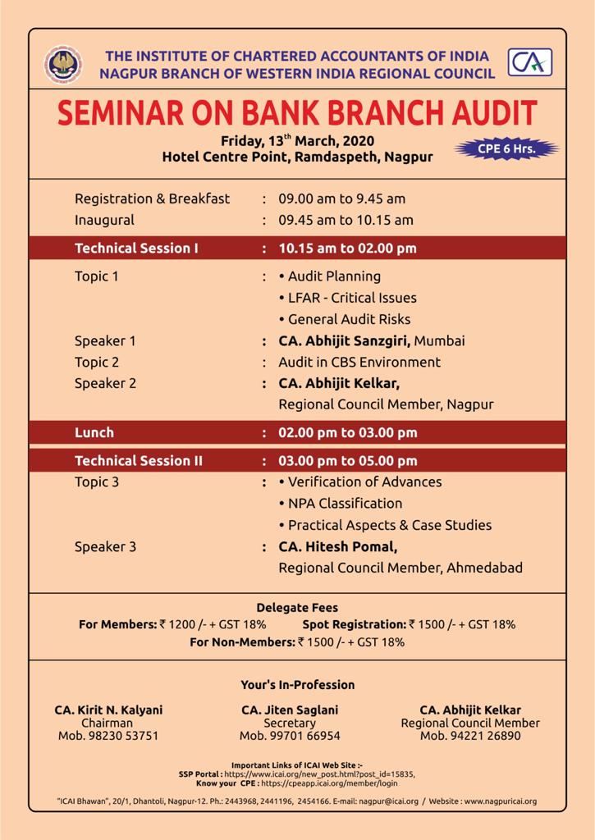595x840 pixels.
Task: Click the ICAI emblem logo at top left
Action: tap(63, 65)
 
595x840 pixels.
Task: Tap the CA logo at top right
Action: tap(529, 63)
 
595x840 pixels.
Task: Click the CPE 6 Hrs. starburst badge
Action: tap(506, 149)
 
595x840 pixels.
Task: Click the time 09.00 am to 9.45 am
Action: tap(341, 199)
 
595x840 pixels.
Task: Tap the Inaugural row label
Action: tap(104, 220)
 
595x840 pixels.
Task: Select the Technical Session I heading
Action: tap(136, 248)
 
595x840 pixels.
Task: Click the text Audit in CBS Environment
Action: tap(359, 362)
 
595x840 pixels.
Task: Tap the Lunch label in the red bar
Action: tap(94, 432)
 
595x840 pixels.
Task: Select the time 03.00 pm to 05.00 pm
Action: tap(347, 460)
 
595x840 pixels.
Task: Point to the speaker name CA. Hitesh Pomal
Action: tap(332, 546)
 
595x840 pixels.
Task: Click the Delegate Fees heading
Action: tap(297, 609)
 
